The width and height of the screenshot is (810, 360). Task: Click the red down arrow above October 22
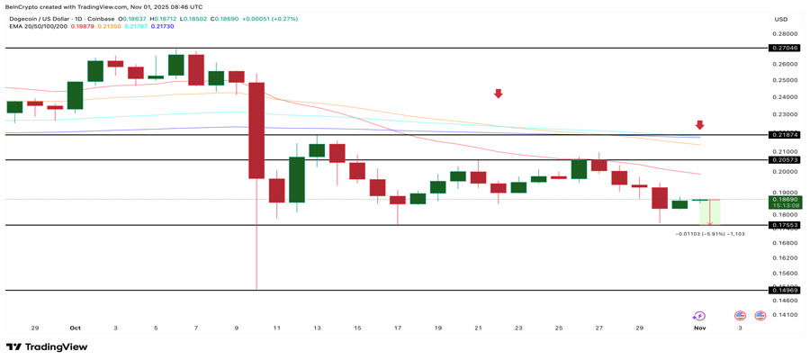(498, 94)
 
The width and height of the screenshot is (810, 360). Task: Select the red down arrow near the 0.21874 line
(699, 125)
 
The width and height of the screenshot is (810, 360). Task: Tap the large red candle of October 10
(256, 130)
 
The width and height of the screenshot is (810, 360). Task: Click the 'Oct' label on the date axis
(75, 328)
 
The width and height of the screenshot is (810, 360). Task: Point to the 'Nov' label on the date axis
(700, 328)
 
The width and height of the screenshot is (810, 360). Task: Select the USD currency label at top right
(780, 19)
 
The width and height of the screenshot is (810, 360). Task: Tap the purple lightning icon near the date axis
(699, 316)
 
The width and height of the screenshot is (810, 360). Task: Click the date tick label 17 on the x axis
(397, 328)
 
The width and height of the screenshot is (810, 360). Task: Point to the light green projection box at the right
(710, 211)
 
